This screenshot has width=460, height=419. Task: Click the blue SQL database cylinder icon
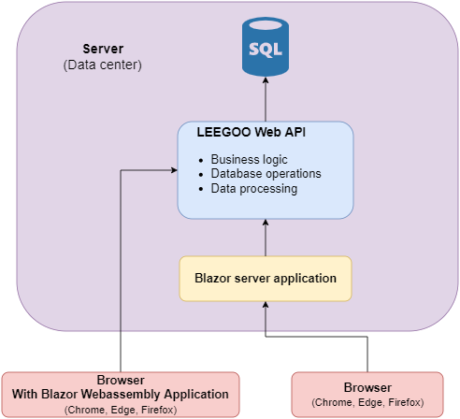point(266,47)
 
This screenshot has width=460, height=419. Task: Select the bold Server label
point(103,49)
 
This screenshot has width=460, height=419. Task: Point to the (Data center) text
point(103,65)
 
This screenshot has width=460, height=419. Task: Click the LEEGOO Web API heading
point(251,132)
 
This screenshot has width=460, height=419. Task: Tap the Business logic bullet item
point(249,159)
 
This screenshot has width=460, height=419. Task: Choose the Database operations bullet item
point(266,174)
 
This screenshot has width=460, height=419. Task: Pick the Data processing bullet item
point(254,189)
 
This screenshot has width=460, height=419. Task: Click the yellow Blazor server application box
point(266,279)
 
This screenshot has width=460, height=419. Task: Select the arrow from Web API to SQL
point(266,99)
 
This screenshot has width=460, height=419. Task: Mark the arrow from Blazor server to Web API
point(266,238)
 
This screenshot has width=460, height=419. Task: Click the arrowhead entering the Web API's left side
point(174,170)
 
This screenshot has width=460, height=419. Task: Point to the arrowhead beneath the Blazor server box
point(266,305)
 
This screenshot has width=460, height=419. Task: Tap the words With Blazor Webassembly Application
point(121,395)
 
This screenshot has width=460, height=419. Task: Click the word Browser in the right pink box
point(367,387)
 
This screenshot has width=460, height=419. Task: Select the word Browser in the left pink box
point(121,380)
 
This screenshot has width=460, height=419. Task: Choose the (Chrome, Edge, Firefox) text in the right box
point(367,402)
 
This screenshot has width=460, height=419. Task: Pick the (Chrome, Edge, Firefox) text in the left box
point(121,410)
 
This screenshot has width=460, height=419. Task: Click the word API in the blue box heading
point(295,132)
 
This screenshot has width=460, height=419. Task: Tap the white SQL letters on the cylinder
point(266,50)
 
